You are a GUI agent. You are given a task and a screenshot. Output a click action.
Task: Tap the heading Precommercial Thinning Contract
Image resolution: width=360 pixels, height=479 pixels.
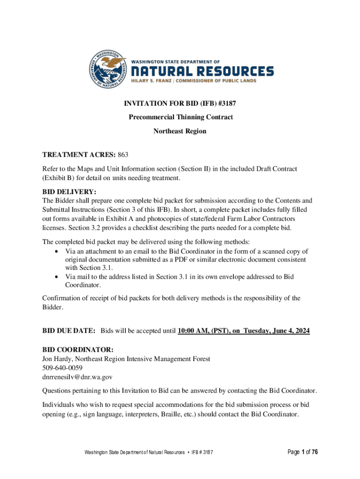[180, 117]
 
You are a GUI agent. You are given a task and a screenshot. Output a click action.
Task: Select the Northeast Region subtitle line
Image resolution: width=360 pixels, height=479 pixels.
[180, 131]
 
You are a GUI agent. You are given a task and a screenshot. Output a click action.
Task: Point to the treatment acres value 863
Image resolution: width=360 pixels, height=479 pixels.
[122, 154]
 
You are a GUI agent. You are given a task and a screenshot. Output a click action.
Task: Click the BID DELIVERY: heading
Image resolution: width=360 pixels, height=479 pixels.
[69, 192]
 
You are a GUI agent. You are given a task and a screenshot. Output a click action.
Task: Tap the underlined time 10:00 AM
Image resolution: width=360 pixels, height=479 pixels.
[193, 331]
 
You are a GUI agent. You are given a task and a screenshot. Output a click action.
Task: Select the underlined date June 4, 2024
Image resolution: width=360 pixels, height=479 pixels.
[287, 331]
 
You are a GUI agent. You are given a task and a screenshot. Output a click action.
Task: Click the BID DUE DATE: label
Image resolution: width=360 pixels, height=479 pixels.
[69, 331]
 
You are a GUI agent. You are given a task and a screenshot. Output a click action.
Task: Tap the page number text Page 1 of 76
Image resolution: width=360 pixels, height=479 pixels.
[297, 452]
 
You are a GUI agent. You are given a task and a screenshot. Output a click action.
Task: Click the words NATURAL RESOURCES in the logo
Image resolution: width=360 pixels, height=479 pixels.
[202, 72]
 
